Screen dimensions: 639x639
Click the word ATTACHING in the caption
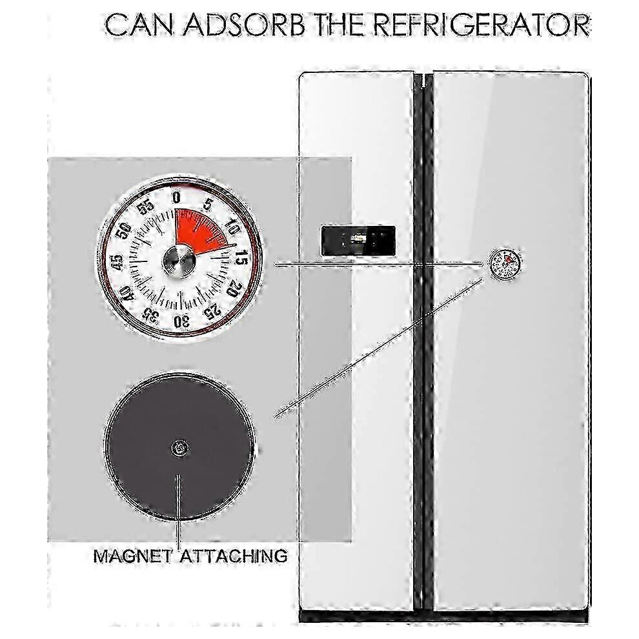tap(234, 556)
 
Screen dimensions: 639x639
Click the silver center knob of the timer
tap(179, 261)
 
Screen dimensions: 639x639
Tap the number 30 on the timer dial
tap(181, 321)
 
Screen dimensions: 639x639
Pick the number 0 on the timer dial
tap(176, 198)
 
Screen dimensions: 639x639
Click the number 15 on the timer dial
tap(241, 258)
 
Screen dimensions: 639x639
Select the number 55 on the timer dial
tap(145, 208)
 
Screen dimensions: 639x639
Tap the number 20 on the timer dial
tap(233, 289)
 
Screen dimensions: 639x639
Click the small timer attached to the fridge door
tap(505, 264)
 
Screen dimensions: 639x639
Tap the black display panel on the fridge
tap(358, 241)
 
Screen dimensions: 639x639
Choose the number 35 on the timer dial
tap(150, 314)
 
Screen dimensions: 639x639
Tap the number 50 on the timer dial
tap(125, 230)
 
